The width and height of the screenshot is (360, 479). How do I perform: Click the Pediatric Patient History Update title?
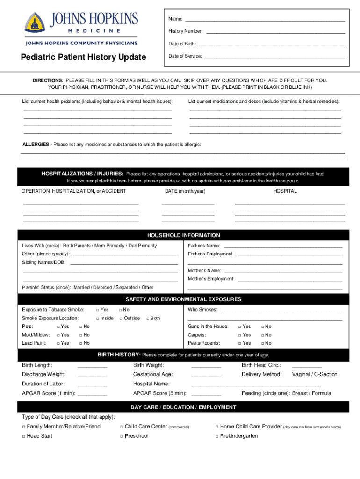click(x=83, y=57)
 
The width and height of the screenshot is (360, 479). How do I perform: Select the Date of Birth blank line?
click(x=271, y=45)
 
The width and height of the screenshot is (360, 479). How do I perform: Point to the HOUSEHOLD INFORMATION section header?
click(x=184, y=235)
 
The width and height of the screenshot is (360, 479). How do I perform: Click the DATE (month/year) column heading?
click(x=185, y=191)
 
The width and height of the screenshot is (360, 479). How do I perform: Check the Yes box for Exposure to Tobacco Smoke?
click(x=98, y=310)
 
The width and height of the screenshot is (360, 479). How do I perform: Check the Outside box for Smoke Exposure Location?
click(x=121, y=318)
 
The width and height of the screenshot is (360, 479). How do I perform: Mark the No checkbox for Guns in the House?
click(x=263, y=327)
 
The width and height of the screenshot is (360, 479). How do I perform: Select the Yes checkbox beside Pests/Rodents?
click(x=240, y=343)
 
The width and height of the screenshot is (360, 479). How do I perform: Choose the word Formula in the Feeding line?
click(x=321, y=393)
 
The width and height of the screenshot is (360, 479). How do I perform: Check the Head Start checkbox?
click(x=24, y=436)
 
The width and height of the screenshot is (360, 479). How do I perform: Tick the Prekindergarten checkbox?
click(x=217, y=436)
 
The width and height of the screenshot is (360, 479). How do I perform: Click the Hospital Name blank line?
click(x=256, y=385)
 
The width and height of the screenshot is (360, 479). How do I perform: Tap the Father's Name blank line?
click(x=283, y=246)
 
